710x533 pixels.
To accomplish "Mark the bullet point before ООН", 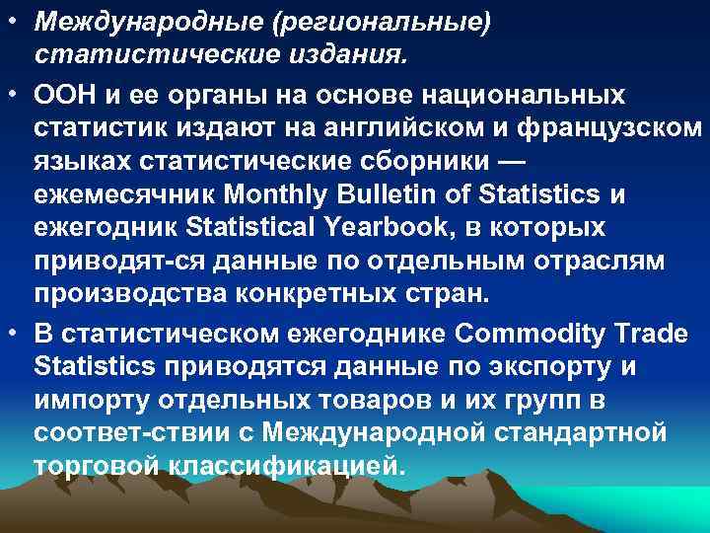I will point(17,96).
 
